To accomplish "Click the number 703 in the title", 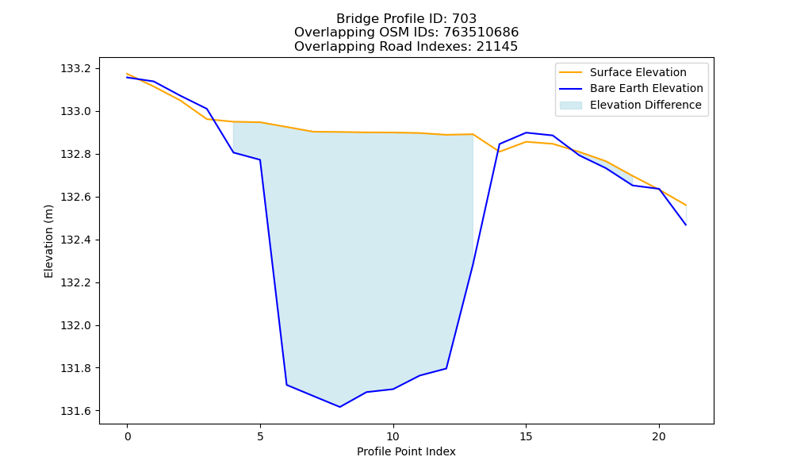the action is (x=464, y=19).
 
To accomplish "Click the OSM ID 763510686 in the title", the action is (x=481, y=33).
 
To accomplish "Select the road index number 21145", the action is (x=497, y=47).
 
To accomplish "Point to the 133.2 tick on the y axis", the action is (x=76, y=68).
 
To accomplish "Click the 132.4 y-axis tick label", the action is (x=76, y=240).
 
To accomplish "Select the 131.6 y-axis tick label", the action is (x=76, y=411).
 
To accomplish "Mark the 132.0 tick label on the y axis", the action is (x=76, y=325).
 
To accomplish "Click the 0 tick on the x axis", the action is (x=127, y=436).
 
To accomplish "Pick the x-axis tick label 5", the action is (x=260, y=436).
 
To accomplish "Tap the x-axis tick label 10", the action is (x=393, y=436).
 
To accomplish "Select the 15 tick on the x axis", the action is (x=526, y=436).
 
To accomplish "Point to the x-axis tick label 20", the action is (x=659, y=436).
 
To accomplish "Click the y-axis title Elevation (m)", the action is (x=48, y=241).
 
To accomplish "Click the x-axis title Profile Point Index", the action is (x=406, y=451).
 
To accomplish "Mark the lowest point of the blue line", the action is (x=340, y=407).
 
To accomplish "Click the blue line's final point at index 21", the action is (x=686, y=225).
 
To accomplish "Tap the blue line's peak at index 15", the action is (x=526, y=132).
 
